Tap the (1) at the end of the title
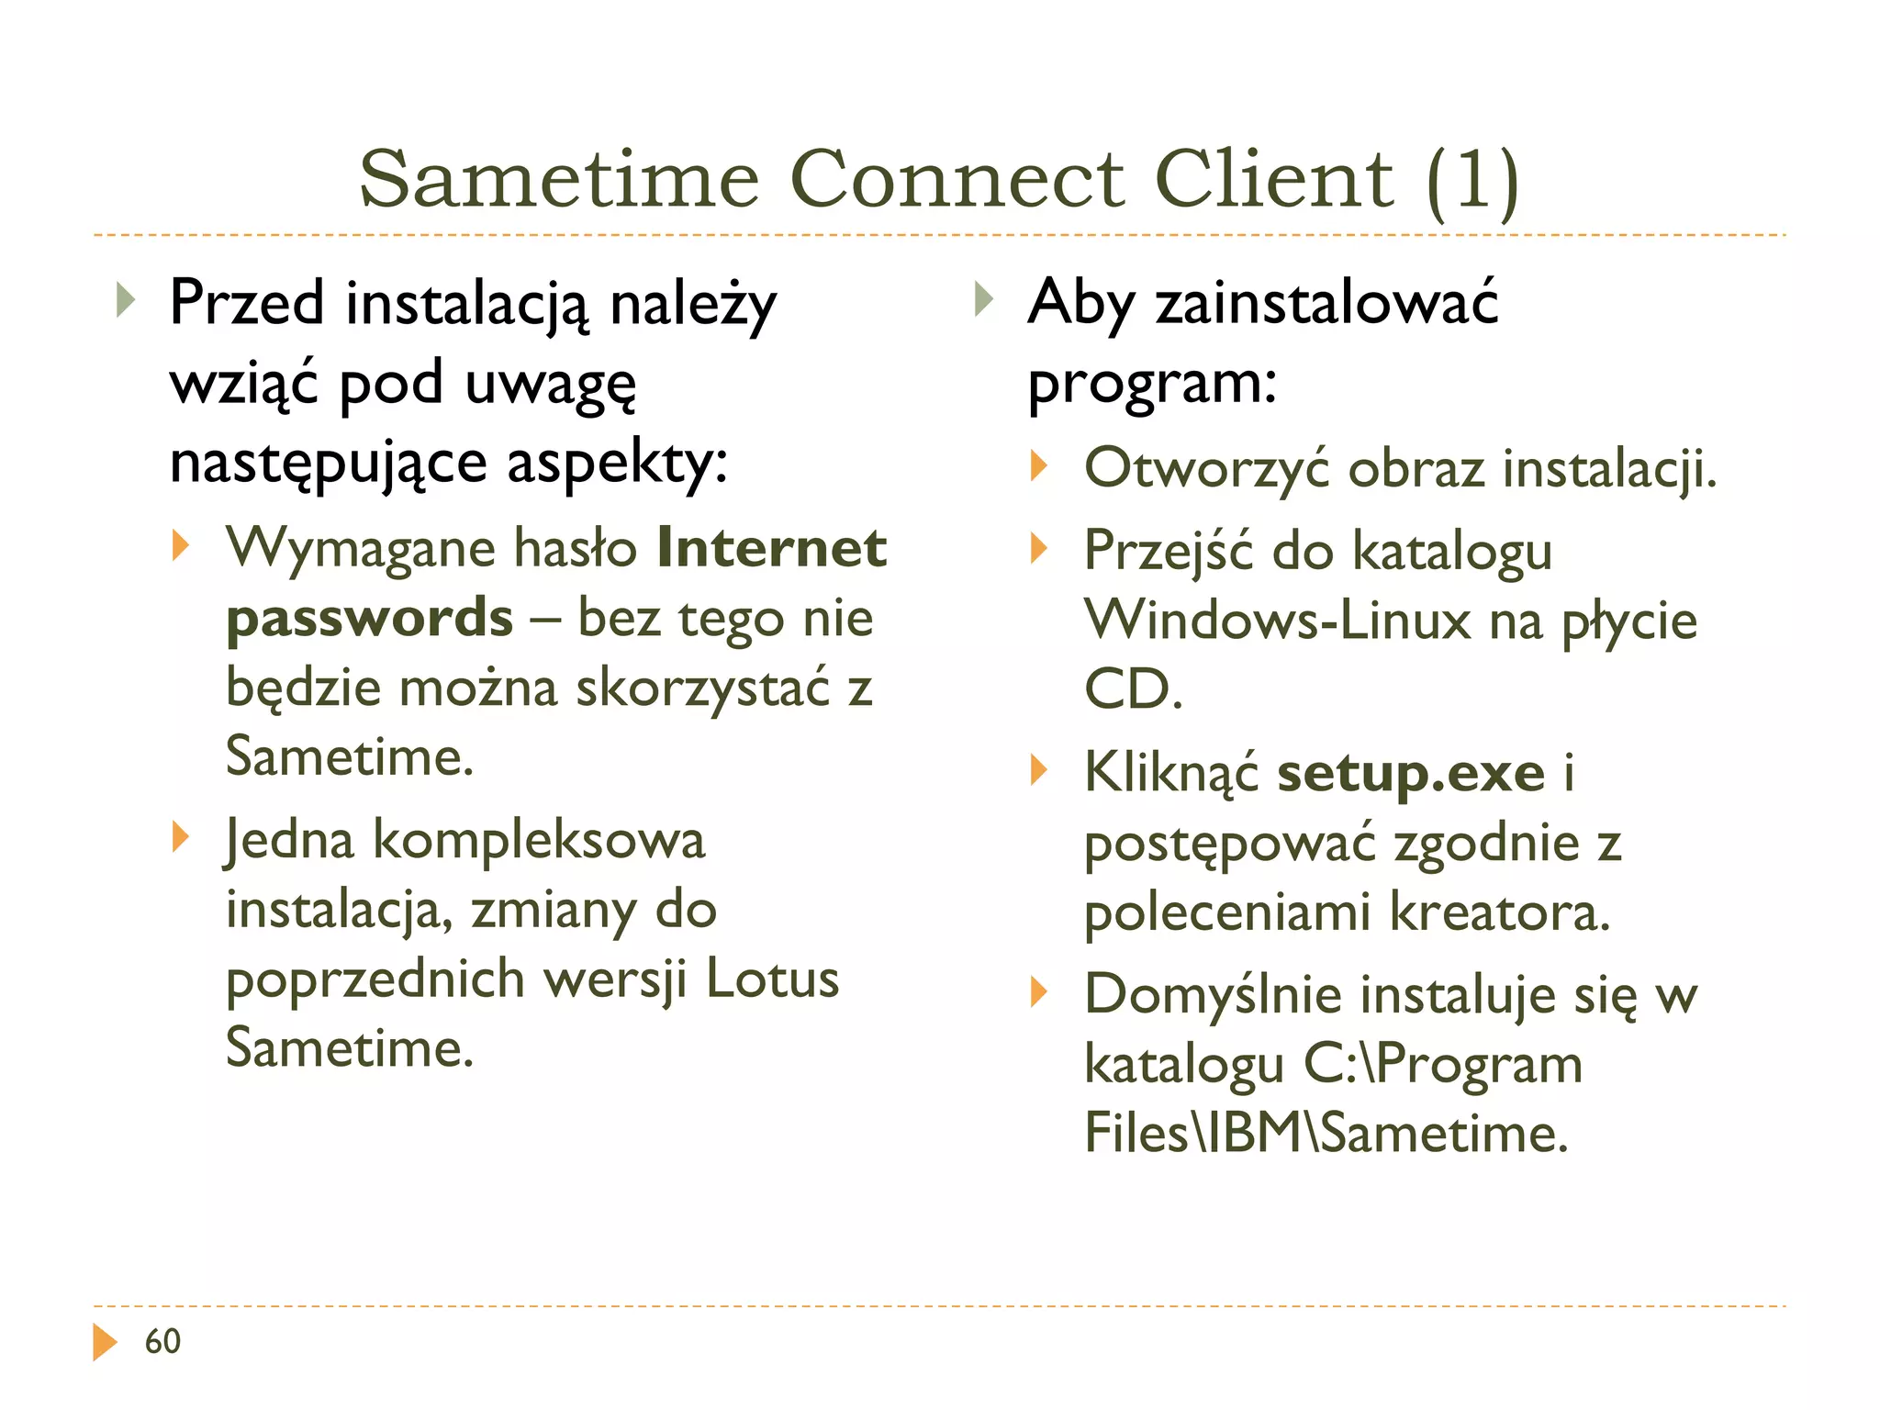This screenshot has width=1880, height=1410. coord(1472,180)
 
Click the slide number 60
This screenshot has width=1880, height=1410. coord(162,1341)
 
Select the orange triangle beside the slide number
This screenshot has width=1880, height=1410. coord(105,1341)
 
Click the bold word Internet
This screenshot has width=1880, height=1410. coord(772,548)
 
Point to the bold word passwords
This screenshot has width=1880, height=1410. coord(369,617)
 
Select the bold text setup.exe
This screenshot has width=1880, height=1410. coord(1411,772)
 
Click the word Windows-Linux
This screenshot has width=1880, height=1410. coord(1277,621)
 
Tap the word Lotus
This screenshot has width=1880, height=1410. coord(772,979)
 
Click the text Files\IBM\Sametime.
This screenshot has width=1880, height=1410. coord(1326,1133)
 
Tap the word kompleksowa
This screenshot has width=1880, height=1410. coord(539,840)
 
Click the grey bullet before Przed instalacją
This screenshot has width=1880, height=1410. coord(126,299)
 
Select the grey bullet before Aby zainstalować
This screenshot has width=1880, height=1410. coord(983,299)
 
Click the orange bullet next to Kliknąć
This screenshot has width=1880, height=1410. coord(1038,769)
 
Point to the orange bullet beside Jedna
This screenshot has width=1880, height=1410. coord(180,837)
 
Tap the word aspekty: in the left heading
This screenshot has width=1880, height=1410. coord(617,462)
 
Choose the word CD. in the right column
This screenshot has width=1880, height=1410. coord(1133,689)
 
